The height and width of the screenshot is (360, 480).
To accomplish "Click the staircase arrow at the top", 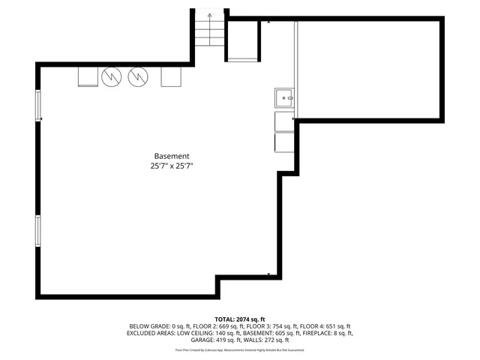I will point(209,15).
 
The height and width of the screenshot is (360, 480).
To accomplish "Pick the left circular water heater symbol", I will point(111,76).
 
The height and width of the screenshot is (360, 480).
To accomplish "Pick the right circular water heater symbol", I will point(138,76).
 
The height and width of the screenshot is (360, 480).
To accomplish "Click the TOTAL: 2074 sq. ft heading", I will point(240,319).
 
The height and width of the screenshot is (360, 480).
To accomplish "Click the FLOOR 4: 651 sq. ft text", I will point(325,326).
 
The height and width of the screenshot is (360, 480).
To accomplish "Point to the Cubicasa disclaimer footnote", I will point(240,350).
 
